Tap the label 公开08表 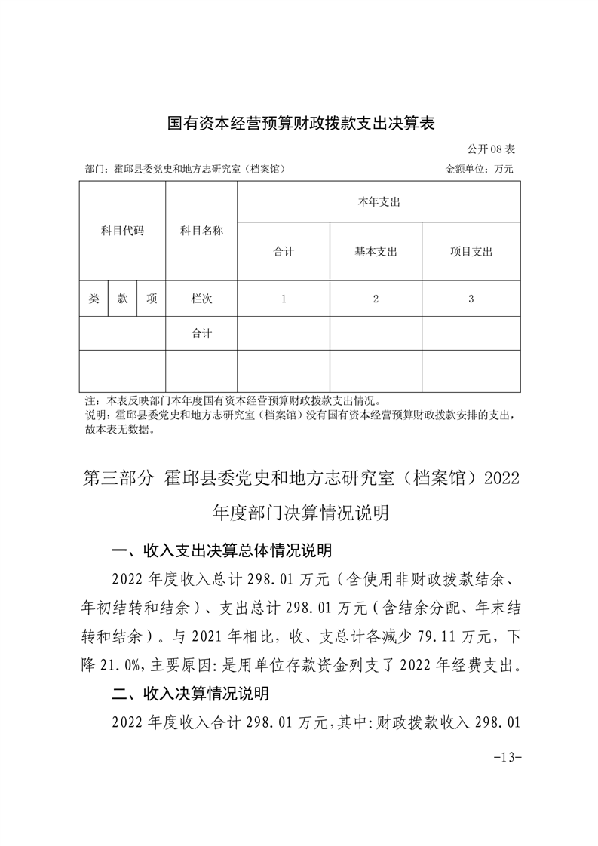490,150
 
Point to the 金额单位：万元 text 479,170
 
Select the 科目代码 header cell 122,231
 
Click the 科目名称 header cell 201,231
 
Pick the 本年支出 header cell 378,202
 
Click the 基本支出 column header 376,252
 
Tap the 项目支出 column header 471,252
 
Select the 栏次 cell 201,299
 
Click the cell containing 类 94,299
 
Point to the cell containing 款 122,299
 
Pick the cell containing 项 152,299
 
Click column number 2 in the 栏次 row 376,299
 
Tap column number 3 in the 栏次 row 471,299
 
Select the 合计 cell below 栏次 201,333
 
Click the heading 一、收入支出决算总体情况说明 221,551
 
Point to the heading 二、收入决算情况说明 190,693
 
